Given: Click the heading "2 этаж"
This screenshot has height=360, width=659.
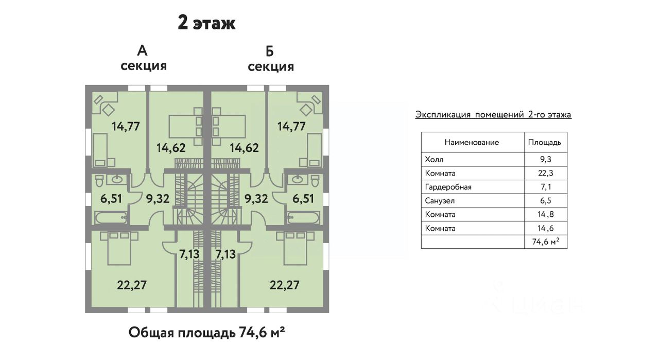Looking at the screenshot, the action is coord(206,23).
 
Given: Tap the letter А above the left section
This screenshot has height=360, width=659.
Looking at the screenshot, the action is coord(143,51).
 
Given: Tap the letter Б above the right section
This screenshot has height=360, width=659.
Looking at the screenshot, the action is coord(270,52).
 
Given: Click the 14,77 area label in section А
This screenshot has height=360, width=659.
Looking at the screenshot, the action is coord(126,127).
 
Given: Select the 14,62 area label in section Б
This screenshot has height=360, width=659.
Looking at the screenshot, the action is coord(244,148).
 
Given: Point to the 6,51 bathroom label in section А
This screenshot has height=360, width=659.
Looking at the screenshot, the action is coord(111,199).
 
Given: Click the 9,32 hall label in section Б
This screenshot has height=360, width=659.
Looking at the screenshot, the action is coord(256,199).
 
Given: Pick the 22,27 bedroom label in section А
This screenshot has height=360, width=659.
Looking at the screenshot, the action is coord(132,285).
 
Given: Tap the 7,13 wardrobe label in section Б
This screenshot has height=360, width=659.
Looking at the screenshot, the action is coord(226,254).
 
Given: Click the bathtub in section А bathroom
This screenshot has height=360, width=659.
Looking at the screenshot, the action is coord(111,217).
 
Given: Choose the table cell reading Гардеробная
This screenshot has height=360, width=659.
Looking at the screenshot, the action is coord(448,187).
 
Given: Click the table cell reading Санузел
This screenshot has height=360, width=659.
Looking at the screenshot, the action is coord(440,201).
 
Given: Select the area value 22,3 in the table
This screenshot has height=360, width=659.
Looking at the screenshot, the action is coord(545,173).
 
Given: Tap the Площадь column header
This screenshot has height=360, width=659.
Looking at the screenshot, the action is coord(545,143).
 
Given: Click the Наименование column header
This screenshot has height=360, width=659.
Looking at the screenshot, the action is coord(472,143).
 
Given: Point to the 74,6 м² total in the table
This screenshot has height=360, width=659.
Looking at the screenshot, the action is coord(545,242).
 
